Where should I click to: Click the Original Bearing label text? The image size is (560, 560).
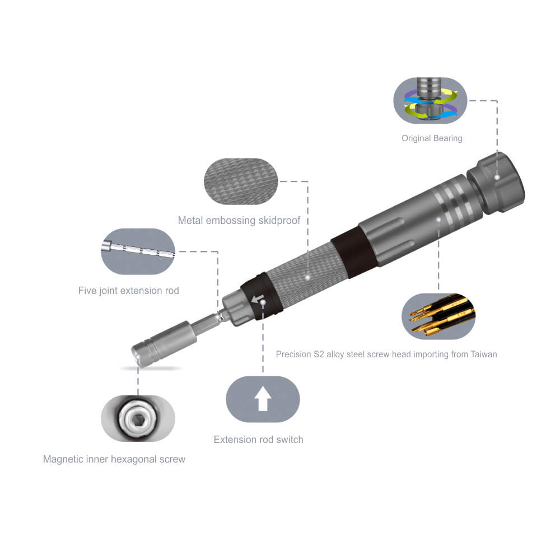point(432,138)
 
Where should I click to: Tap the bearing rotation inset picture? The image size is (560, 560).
point(431,100)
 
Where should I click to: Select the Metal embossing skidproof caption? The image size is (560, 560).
point(239,220)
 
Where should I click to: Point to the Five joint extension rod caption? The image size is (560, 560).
point(129,291)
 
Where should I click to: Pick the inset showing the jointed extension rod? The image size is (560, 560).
point(138,251)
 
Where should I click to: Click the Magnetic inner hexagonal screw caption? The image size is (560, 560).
point(114,459)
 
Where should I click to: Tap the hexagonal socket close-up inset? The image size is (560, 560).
point(138,418)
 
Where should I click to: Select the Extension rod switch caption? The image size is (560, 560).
point(259,440)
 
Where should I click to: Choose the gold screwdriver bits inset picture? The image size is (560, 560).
point(438,316)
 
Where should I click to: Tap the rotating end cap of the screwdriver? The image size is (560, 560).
point(496,182)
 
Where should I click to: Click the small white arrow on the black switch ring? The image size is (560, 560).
point(258,300)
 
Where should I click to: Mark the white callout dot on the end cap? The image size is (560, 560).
point(497,177)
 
